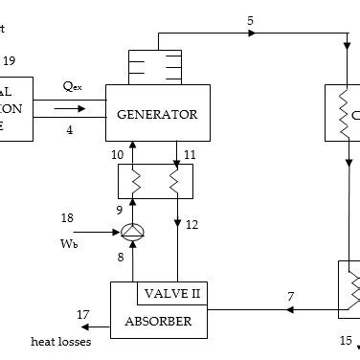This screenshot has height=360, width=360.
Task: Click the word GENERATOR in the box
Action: [x=157, y=115]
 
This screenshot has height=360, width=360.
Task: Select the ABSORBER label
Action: [x=158, y=322]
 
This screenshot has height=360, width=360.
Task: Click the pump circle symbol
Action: [x=132, y=231]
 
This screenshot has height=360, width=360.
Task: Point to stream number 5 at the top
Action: [x=251, y=21]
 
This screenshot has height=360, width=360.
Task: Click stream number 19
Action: [x=9, y=61]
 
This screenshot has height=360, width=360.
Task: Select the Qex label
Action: [x=73, y=87]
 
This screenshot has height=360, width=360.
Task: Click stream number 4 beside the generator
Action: [x=70, y=130]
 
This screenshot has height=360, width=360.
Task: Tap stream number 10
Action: [x=118, y=154]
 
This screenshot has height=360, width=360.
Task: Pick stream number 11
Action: [x=190, y=154]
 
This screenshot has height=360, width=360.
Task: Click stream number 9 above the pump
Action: [x=120, y=208]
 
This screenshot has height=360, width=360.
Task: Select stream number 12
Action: [x=191, y=225]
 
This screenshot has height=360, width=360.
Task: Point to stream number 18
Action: [x=67, y=218]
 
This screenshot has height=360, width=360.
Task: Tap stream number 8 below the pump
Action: [x=120, y=257]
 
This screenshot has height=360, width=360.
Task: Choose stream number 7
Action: [x=290, y=297]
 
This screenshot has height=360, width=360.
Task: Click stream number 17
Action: [x=83, y=313]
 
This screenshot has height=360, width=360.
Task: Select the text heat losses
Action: [x=61, y=342]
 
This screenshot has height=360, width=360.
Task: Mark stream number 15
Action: [x=346, y=340]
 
